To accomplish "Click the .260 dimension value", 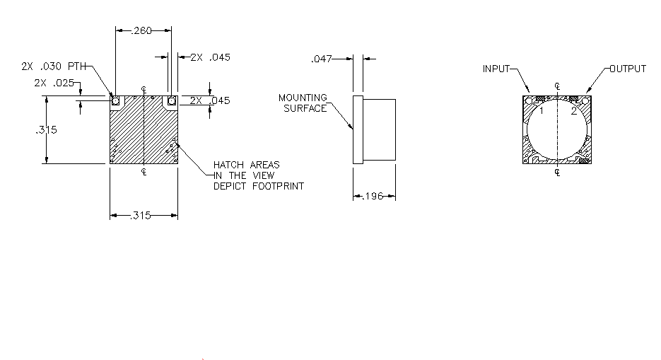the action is (x=141, y=30).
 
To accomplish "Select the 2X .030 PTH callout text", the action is (x=54, y=66).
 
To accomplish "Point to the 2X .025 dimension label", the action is (x=54, y=83).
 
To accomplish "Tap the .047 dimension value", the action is (x=322, y=59).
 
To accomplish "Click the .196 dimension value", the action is (x=373, y=196).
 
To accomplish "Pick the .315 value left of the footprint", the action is (x=47, y=130).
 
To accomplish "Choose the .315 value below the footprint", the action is (x=141, y=216).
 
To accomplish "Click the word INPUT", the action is (x=496, y=69).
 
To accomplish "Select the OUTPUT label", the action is (x=628, y=69).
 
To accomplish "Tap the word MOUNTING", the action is (x=303, y=98).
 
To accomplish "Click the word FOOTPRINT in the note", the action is (x=279, y=186).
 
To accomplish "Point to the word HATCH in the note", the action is (x=228, y=165).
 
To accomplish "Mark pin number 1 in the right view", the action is (x=542, y=111).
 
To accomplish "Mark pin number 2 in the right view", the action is (x=574, y=111).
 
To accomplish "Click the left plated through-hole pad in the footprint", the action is (x=115, y=101).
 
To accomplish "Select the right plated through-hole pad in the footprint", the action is (x=172, y=101).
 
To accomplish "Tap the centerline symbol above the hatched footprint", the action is (x=144, y=90).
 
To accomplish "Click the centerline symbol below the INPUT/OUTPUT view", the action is (x=557, y=172).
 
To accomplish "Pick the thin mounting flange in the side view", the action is (x=358, y=129).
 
